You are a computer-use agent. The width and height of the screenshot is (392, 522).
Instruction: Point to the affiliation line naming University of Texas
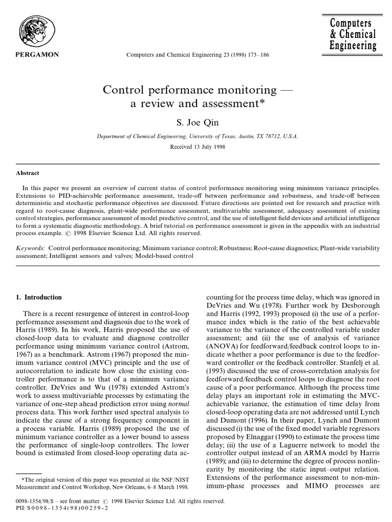coord(197,136)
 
